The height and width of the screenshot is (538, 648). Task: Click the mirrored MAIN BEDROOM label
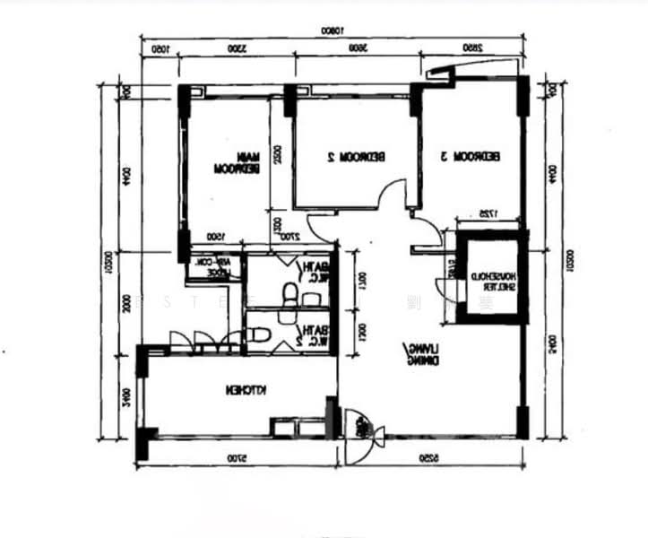coord(237,162)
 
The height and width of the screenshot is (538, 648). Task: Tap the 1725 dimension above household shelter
coord(487,213)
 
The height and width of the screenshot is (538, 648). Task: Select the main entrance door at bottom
coord(365,435)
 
